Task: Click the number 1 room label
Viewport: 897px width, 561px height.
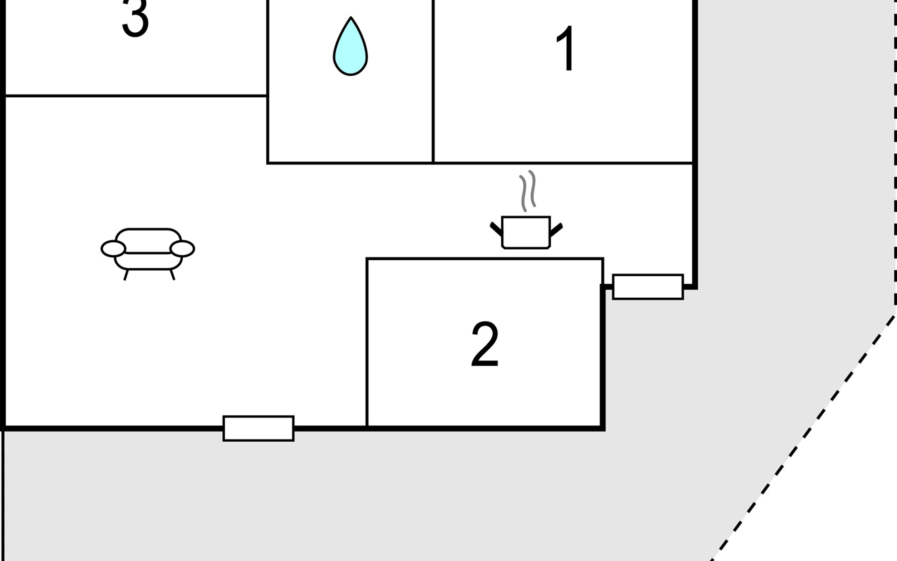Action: pos(566,49)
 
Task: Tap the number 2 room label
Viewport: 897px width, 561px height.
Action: pos(484,345)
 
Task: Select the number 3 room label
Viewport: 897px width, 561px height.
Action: pos(135,19)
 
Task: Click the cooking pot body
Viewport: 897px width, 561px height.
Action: pos(526,232)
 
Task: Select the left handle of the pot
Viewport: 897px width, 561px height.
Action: pos(496,229)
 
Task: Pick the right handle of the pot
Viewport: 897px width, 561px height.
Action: pos(556,229)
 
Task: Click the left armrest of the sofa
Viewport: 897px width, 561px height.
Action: pos(113,249)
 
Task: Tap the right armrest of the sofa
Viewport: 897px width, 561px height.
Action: pos(182,249)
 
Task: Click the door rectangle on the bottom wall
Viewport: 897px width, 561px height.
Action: pos(258,428)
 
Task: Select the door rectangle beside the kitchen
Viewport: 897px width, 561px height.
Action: pos(648,287)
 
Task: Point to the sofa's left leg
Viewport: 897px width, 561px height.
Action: pos(126,275)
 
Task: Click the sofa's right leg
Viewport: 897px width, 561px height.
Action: pos(172,275)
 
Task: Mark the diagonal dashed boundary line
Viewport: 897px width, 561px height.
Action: pos(804,437)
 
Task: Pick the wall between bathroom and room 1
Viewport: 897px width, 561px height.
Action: pos(433,82)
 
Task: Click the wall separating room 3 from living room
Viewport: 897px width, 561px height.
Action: pos(135,96)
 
